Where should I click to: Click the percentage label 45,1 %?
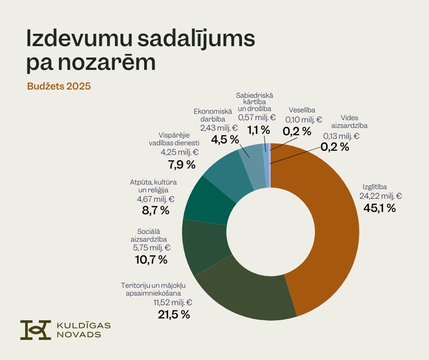tap(379, 208)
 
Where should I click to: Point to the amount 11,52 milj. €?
tap(172, 302)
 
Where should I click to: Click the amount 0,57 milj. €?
tap(257, 117)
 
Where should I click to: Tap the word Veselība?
tap(302, 110)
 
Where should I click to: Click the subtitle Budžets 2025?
tap(59, 86)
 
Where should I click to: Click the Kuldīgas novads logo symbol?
tap(36, 330)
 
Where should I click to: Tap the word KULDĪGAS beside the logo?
tap(83, 325)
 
